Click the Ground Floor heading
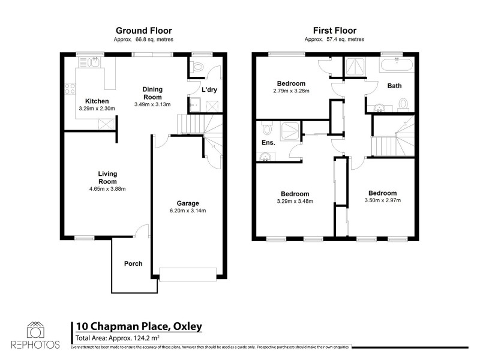click(143, 30)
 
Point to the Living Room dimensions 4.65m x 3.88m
click(108, 189)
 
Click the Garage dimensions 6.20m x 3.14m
click(187, 211)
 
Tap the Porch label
click(133, 263)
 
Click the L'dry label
click(209, 89)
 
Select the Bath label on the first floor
click(394, 86)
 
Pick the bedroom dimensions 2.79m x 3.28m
click(291, 91)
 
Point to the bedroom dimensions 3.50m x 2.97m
click(382, 200)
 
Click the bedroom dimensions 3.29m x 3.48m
click(295, 202)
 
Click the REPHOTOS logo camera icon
click(35, 331)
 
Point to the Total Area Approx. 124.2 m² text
click(118, 338)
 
